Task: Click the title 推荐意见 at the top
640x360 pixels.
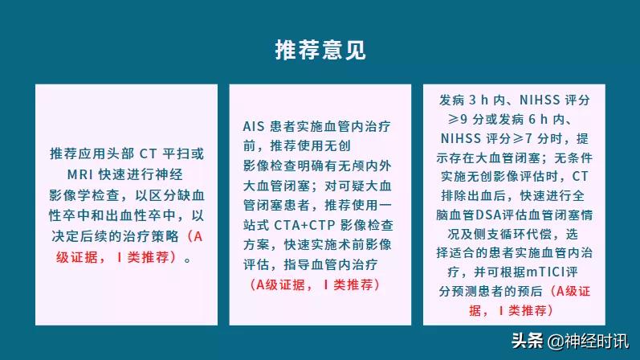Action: [x=320, y=49]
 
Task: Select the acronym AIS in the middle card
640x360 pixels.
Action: [x=255, y=126]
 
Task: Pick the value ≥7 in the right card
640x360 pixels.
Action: [x=520, y=138]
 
